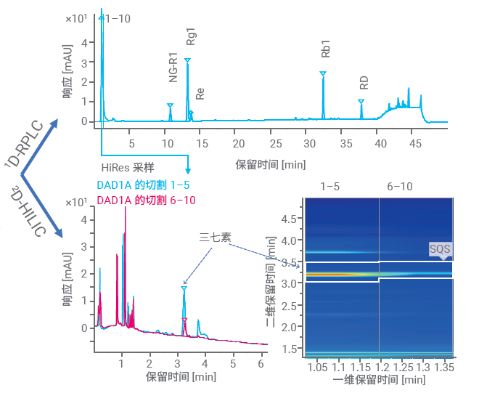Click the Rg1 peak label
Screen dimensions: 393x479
pyautogui.click(x=191, y=38)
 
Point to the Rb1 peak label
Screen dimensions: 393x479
pyautogui.click(x=325, y=49)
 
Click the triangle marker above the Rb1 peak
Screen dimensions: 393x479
pyautogui.click(x=323, y=73)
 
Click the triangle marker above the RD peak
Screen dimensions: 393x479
pyautogui.click(x=361, y=102)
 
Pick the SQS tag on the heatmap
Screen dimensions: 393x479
pyautogui.click(x=440, y=250)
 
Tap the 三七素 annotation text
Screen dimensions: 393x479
pyautogui.click(x=214, y=237)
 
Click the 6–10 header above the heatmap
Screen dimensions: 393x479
pyautogui.click(x=399, y=187)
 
